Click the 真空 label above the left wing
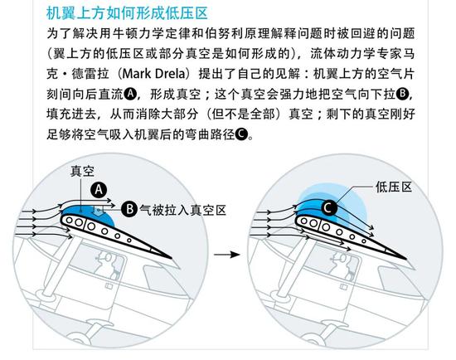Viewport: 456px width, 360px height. pos(82,170)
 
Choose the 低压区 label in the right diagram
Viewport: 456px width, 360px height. pos(395,188)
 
